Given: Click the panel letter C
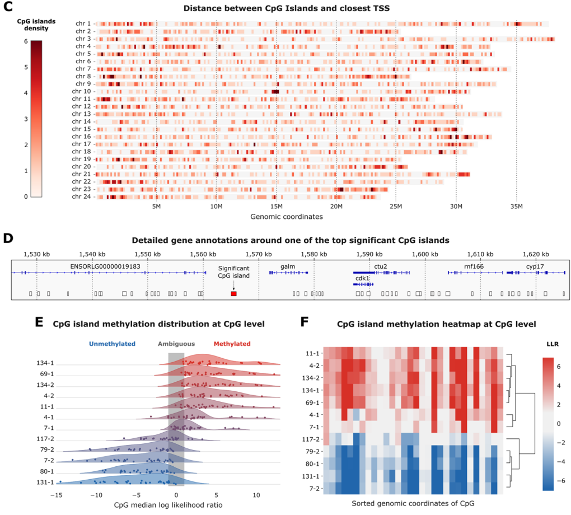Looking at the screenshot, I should coord(8,8).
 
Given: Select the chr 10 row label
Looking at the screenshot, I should coord(82,91).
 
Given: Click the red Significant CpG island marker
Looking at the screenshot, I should coord(233,293).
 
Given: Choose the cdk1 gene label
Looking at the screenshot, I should coord(362,278).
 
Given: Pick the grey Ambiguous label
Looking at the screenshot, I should coord(176,344).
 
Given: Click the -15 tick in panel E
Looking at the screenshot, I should coord(56,495).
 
